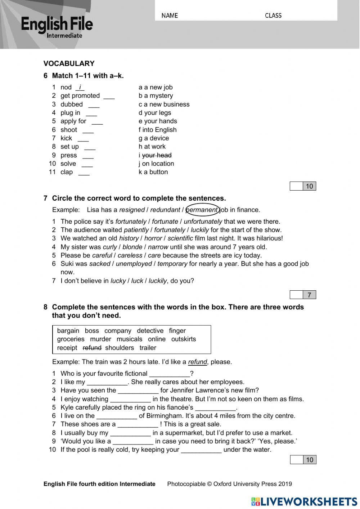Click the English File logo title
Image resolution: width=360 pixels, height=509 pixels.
(57, 24)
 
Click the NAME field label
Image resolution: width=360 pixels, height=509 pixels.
(170, 15)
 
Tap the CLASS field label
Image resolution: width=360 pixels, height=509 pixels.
(273, 15)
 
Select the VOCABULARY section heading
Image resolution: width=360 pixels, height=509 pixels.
(69, 63)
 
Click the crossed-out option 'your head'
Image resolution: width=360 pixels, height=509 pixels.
(157, 155)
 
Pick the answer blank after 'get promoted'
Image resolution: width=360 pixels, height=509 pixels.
(109, 96)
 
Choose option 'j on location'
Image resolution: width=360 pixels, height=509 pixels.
(156, 164)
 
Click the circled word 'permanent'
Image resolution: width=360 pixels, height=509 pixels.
(202, 210)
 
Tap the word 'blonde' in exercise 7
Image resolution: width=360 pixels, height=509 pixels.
(132, 247)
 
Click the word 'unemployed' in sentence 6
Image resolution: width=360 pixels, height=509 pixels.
(134, 264)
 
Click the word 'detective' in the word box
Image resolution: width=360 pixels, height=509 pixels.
(150, 331)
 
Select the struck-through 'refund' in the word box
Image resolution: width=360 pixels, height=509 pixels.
(92, 348)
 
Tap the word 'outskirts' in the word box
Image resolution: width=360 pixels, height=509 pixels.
(184, 339)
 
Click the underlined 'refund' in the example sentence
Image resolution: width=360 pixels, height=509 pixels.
(197, 362)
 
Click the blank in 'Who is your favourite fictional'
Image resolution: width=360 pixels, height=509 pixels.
(170, 374)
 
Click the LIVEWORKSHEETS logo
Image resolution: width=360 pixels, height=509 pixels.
(304, 501)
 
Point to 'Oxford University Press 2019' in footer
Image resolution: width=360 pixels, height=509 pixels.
(253, 484)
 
